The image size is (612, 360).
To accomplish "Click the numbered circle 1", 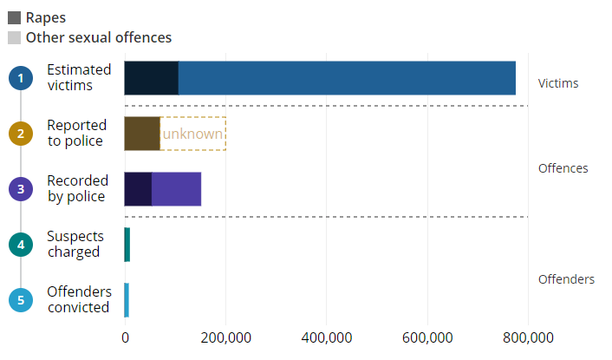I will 20,78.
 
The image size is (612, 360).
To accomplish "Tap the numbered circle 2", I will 20,134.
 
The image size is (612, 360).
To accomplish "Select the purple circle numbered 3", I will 20,189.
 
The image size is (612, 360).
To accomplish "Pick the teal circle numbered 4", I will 20,245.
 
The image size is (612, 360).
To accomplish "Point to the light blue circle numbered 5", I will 20,300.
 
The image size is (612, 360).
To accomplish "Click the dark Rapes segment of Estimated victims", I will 151,78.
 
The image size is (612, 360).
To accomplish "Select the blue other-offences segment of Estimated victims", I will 347,78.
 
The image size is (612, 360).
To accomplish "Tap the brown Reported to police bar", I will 142,134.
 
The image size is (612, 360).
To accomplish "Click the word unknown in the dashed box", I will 192,134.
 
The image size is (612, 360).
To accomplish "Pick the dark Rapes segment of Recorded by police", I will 138,189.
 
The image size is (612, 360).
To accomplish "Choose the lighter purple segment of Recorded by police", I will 176,189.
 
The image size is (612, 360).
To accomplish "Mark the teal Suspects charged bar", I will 127,245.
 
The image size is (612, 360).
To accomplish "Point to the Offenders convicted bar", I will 127,300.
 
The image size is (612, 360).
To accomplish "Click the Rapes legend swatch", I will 14,17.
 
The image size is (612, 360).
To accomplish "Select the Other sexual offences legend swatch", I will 14,37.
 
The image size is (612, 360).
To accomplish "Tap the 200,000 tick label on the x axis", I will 225,337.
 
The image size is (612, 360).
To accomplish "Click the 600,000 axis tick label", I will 427,337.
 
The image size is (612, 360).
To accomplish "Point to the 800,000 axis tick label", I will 528,337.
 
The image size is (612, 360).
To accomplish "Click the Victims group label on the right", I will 558,84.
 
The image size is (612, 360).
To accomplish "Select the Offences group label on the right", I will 563,168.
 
